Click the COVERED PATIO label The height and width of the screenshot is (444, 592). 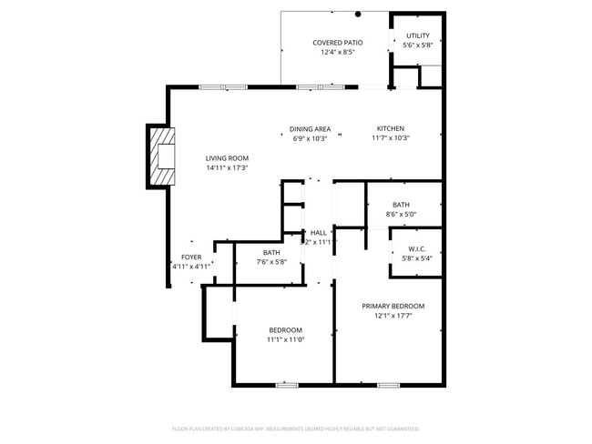pyautogui.click(x=337, y=43)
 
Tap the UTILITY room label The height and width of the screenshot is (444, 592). pyautogui.click(x=418, y=35)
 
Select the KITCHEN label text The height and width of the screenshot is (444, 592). pyautogui.click(x=391, y=128)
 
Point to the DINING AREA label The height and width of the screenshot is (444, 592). pyautogui.click(x=310, y=129)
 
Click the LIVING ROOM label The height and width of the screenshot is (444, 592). pyautogui.click(x=227, y=158)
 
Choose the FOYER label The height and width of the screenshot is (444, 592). pyautogui.click(x=191, y=257)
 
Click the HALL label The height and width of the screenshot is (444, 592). pyautogui.click(x=318, y=233)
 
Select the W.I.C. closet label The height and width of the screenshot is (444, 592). pyautogui.click(x=417, y=248)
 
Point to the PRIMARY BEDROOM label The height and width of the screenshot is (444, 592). pyautogui.click(x=393, y=307)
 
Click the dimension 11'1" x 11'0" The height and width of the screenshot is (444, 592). pyautogui.click(x=285, y=339)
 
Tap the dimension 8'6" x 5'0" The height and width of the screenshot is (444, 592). pyautogui.click(x=401, y=215)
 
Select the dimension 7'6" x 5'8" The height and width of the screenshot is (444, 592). pyautogui.click(x=271, y=262)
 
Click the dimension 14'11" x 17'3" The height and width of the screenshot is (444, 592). pyautogui.click(x=227, y=168)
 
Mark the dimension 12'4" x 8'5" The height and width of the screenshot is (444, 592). pyautogui.click(x=337, y=53)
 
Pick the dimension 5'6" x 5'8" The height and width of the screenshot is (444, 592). pyautogui.click(x=418, y=45)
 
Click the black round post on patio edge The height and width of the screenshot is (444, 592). pyautogui.click(x=358, y=14)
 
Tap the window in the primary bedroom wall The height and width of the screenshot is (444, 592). pyautogui.click(x=389, y=385)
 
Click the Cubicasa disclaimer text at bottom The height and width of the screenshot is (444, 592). pyautogui.click(x=295, y=428)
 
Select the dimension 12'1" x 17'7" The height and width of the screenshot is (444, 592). pyautogui.click(x=393, y=317)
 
